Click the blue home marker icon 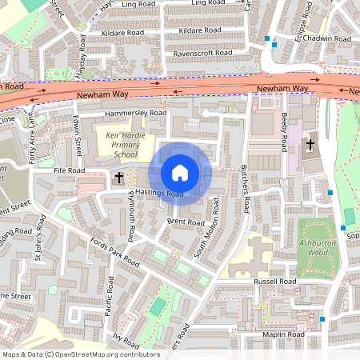pyautogui.click(x=180, y=173)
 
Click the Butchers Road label pyautogui.click(x=246, y=192)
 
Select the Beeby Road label pyautogui.click(x=283, y=132)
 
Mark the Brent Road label pyautogui.click(x=186, y=222)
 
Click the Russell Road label pyautogui.click(x=276, y=282)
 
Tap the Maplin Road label pyautogui.click(x=284, y=334)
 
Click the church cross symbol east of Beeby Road pyautogui.click(x=310, y=145)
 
